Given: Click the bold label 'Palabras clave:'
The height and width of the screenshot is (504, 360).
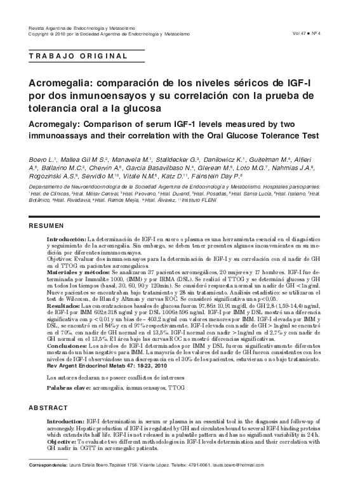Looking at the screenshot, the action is click(x=70, y=387).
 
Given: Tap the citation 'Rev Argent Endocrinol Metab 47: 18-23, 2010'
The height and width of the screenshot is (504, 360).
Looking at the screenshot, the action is click(x=107, y=365).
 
